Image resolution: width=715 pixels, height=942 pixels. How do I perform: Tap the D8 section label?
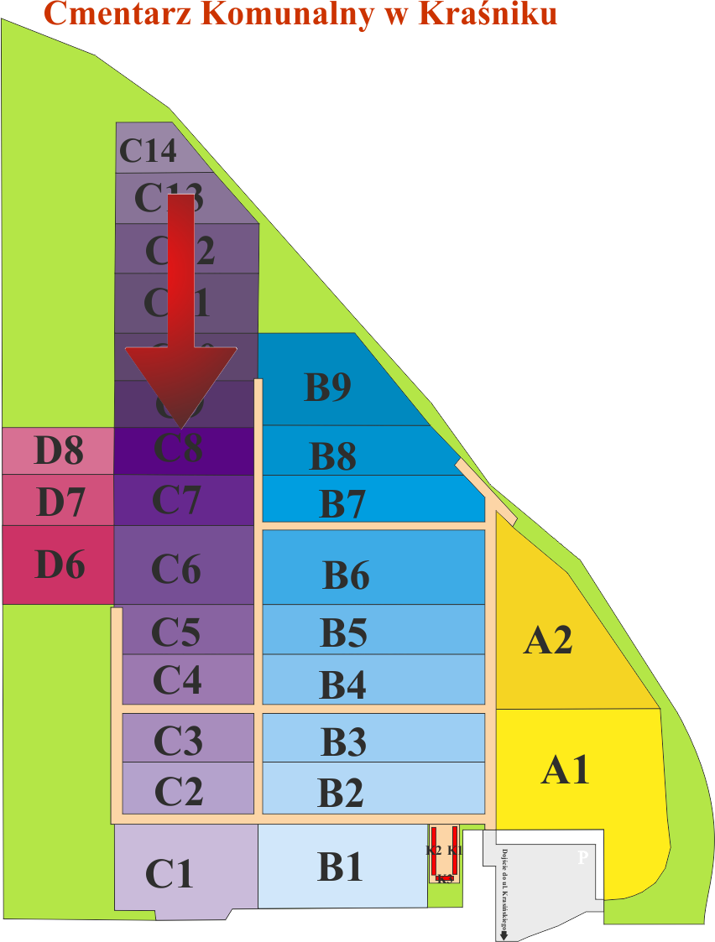pyautogui.click(x=59, y=450)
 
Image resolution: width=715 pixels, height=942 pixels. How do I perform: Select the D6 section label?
pyautogui.click(x=60, y=565)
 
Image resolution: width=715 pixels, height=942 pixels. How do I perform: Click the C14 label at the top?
pyautogui.click(x=149, y=151)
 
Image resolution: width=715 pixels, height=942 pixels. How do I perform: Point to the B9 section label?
pyautogui.click(x=327, y=387)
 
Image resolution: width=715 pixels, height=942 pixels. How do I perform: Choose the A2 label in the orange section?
pyautogui.click(x=548, y=640)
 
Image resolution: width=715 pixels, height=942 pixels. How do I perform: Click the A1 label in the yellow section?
pyautogui.click(x=566, y=769)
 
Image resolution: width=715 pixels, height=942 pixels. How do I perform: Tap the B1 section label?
pyautogui.click(x=340, y=867)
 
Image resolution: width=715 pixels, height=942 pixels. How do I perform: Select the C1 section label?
pyautogui.click(x=170, y=873)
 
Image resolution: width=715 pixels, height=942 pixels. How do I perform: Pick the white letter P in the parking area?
pyautogui.click(x=582, y=858)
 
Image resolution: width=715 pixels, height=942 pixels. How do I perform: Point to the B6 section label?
pyautogui.click(x=346, y=575)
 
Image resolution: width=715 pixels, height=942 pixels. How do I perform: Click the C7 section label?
pyautogui.click(x=176, y=500)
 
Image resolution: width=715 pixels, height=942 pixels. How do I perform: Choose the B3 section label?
pyautogui.click(x=343, y=742)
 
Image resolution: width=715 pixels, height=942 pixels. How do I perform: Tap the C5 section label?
pyautogui.click(x=175, y=632)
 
